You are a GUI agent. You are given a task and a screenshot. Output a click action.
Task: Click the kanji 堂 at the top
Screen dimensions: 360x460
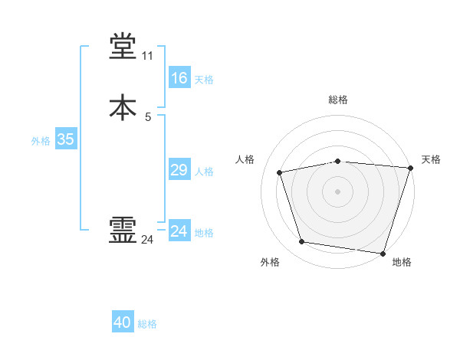tap(123, 47)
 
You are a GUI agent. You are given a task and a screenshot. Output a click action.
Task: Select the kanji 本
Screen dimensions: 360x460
tap(123, 108)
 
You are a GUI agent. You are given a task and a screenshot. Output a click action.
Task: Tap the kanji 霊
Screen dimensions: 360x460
tap(123, 231)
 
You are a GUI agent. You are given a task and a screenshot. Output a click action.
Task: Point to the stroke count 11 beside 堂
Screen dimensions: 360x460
tap(147, 57)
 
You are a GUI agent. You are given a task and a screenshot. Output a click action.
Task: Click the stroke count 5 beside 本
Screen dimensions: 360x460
tap(148, 117)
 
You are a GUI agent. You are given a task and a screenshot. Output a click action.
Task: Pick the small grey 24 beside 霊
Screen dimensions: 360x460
tap(147, 240)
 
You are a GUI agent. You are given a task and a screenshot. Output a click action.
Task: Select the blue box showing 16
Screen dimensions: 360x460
tap(179, 78)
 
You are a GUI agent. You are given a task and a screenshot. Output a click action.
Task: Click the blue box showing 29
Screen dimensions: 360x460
tap(179, 170)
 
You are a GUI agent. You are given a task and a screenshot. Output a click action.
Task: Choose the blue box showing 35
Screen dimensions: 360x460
tap(65, 139)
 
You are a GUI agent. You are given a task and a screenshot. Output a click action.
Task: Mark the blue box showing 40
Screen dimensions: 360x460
tap(123, 322)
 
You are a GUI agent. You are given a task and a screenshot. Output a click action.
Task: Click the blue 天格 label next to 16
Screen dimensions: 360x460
tap(204, 80)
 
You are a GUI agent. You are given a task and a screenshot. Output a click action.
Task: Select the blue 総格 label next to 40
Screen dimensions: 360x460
tap(147, 324)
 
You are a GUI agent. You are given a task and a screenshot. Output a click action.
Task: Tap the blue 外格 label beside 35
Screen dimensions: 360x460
tap(41, 141)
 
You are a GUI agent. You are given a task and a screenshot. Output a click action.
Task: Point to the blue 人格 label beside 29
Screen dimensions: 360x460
tap(204, 172)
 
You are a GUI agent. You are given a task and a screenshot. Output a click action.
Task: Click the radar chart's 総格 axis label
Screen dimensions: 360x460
tap(338, 100)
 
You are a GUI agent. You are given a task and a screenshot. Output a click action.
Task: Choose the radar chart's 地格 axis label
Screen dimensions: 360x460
tap(402, 262)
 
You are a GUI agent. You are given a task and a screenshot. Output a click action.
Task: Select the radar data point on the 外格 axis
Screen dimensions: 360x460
tap(302, 242)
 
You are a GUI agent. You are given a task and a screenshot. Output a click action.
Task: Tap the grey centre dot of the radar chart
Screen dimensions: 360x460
tap(338, 191)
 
